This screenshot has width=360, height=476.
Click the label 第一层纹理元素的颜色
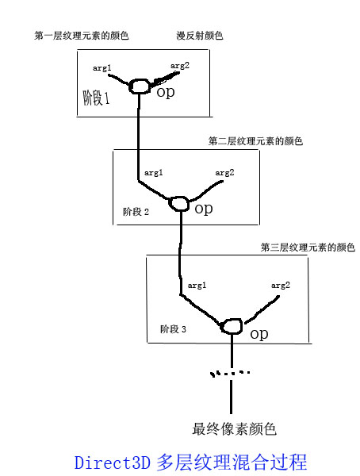tap(82, 36)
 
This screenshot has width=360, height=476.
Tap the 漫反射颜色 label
tap(200, 36)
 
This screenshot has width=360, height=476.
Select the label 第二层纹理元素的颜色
tap(255, 141)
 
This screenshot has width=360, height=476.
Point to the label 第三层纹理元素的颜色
tap(308, 247)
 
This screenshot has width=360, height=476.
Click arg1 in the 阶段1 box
tap(102, 68)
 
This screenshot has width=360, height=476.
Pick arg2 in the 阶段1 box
tap(180, 66)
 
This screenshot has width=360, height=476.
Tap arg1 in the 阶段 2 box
tap(154, 173)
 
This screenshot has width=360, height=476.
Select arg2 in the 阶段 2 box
tap(224, 173)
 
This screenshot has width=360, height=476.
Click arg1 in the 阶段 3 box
tap(197, 286)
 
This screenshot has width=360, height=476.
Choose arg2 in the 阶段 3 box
tap(281, 286)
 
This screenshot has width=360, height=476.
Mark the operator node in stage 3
tap(232, 326)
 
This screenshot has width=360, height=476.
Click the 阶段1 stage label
tap(96, 98)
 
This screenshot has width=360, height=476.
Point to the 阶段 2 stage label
tap(136, 212)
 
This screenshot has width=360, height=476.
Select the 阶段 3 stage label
tap(173, 329)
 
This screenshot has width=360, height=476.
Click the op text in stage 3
tap(259, 334)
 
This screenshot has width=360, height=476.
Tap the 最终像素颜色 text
tap(234, 429)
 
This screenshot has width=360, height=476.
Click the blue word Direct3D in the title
tap(113, 463)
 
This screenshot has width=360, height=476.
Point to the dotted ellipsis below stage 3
tap(230, 374)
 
